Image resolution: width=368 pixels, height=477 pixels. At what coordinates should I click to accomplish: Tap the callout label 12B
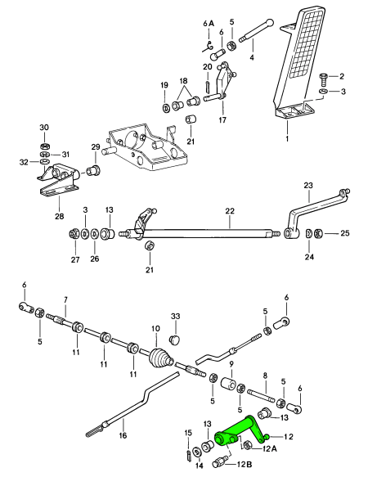pos(245,465)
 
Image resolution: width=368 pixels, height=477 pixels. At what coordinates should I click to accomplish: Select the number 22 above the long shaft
pos(230,211)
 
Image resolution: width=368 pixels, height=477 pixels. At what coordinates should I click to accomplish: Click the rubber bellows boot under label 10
pos(161,358)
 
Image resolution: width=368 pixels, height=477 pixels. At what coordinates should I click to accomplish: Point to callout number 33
pos(176,317)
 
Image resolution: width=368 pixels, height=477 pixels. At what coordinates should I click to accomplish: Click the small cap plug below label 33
pos(174,340)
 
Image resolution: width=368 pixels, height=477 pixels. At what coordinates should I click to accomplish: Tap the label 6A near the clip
pos(209,24)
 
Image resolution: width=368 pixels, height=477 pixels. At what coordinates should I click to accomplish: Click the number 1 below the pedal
pos(287,139)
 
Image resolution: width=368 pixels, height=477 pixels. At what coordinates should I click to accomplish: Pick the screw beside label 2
pos(323,79)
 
